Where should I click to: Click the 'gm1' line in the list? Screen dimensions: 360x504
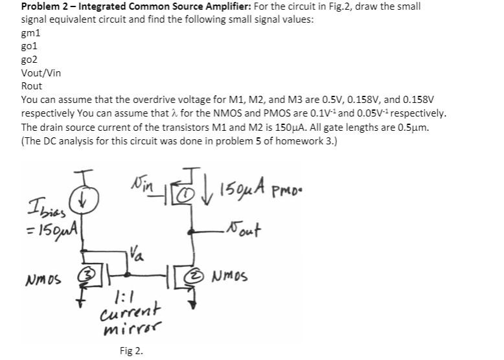point(30,33)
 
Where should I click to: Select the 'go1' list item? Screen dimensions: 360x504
point(29,46)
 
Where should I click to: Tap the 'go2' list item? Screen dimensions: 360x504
point(29,60)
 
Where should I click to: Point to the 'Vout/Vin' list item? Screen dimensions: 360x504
point(41,73)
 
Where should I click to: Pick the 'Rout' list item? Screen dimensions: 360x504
point(32,86)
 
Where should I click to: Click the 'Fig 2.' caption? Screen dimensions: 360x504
point(131,351)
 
